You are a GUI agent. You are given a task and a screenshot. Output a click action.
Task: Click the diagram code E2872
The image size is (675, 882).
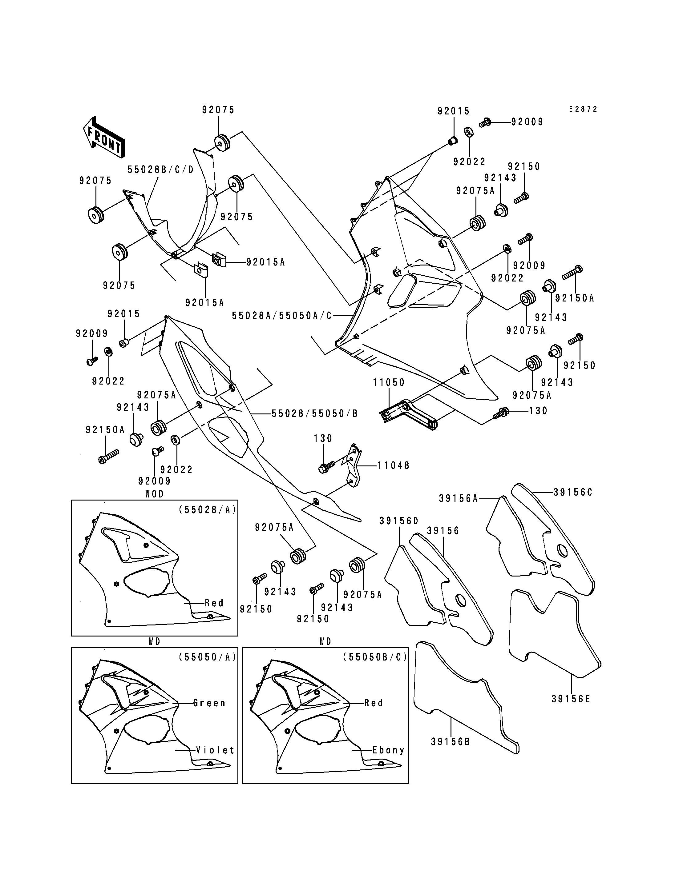(x=583, y=109)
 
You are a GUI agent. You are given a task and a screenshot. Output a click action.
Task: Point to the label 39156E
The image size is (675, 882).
(x=571, y=699)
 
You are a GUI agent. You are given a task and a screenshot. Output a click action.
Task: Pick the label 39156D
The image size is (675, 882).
(x=399, y=521)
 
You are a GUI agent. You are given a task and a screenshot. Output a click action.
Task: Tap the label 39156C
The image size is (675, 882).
(x=573, y=492)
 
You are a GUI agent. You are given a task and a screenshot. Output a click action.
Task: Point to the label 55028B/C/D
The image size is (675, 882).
(x=161, y=170)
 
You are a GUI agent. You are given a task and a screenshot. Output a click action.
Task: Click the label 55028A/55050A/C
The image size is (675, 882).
(x=282, y=316)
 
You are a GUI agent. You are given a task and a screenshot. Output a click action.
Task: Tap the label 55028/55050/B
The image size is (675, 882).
(x=315, y=413)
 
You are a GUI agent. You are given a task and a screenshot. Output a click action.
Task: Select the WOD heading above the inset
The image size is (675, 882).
(x=155, y=494)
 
